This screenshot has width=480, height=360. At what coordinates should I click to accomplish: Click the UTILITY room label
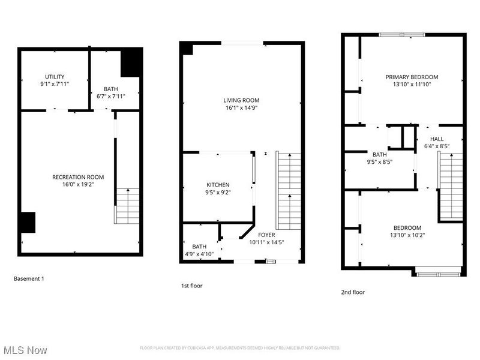[x=55, y=76]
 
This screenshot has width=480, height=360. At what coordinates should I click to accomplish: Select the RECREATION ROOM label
[x=78, y=177]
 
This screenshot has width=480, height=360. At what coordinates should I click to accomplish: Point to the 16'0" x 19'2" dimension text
[x=78, y=184]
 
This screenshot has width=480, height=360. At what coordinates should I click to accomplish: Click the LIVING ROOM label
[x=241, y=100]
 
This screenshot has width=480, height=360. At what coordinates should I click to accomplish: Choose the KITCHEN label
[x=218, y=185]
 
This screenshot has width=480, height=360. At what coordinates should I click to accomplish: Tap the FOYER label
[x=267, y=235]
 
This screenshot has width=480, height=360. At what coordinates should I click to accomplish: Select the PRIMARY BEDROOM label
[x=412, y=77]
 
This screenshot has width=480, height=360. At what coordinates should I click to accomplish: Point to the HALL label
[x=437, y=139]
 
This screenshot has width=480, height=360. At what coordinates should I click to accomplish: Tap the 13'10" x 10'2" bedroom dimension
[x=407, y=235]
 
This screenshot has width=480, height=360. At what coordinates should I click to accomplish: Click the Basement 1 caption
[x=29, y=278]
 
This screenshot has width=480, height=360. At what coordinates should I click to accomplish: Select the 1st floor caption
[x=192, y=286]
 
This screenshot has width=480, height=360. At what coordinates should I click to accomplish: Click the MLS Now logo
[x=25, y=349]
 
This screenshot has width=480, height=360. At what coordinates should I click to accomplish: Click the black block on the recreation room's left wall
[x=27, y=222]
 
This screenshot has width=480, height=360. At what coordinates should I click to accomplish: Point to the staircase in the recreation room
[x=127, y=205]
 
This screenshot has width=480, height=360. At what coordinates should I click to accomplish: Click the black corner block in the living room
[x=187, y=49]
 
